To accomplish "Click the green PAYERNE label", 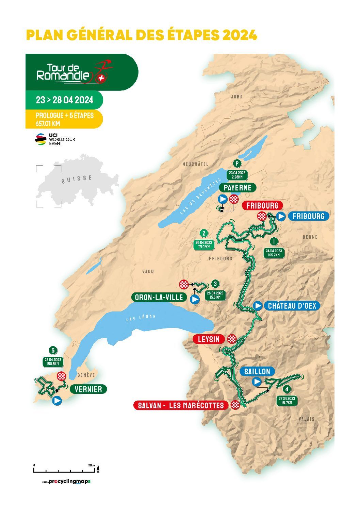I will (238, 187).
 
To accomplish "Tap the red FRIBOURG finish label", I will (262, 205).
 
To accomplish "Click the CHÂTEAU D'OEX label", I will (292, 306).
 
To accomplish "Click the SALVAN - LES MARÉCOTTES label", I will (181, 405).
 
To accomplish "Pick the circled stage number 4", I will (288, 389).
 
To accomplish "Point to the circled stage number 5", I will (53, 350).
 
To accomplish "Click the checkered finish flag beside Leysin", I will (232, 339).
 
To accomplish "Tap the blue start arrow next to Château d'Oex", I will (258, 306).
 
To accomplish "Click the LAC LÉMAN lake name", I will (140, 318).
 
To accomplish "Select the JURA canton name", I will (237, 97).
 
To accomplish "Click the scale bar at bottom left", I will (65, 470).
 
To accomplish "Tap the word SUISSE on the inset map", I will (77, 179).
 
